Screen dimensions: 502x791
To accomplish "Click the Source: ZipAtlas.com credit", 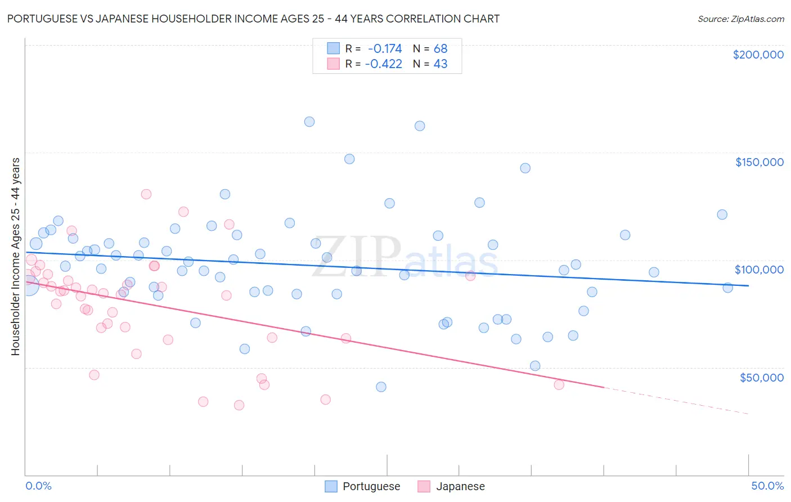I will (740, 19).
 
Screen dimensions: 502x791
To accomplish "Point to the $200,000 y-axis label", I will (758, 55).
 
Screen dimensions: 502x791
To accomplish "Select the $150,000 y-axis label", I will (759, 162).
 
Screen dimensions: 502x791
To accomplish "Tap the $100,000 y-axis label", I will (759, 270).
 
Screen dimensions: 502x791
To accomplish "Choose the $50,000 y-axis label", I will (761, 377).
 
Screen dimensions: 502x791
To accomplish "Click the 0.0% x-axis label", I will (39, 486).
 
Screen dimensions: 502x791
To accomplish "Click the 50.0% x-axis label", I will (767, 486).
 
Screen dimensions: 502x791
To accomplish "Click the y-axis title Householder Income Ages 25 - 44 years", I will (16, 257).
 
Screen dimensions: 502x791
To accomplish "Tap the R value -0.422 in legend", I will (383, 64).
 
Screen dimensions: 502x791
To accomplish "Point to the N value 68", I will (440, 48).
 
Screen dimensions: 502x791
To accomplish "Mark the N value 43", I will (440, 64).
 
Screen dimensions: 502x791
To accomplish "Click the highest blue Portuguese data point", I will (309, 122).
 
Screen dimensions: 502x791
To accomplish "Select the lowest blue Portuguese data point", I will (381, 387).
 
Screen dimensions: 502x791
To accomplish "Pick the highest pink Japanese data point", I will (146, 194).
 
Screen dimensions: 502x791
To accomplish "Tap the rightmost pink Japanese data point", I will (559, 385).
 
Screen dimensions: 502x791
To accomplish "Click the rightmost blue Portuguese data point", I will (727, 288).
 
